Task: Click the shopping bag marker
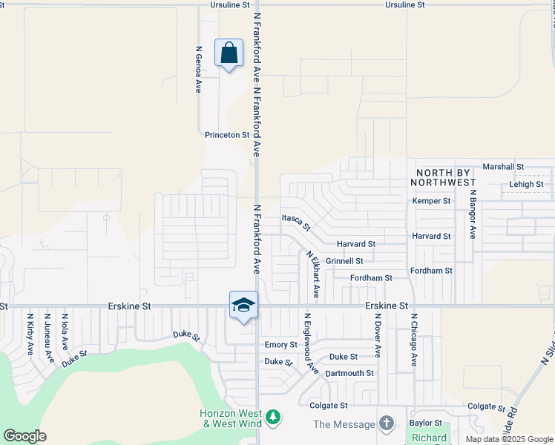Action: pos(229,53)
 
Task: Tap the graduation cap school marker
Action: pos(243,306)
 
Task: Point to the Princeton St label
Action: pos(227,135)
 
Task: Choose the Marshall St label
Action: pos(503,167)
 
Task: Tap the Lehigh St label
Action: pos(526,184)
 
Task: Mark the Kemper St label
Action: pos(431,201)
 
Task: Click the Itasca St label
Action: pos(296,221)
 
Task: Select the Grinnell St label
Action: pos(344,261)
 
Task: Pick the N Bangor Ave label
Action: pos(471,214)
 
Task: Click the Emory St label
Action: pos(280,345)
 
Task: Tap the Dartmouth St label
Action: pos(349,373)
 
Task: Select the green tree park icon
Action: pos(274,418)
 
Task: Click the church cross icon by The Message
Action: pos(386,423)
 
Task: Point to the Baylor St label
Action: pos(425,423)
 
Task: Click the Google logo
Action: pos(24,436)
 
